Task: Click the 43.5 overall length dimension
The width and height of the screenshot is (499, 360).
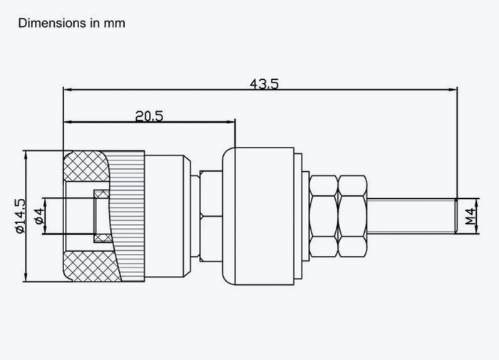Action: pyautogui.click(x=264, y=84)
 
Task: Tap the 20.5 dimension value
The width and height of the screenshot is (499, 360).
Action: pyautogui.click(x=149, y=116)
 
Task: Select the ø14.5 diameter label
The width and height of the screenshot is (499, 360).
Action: pyautogui.click(x=20, y=216)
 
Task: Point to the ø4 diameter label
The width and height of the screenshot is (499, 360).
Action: pyautogui.click(x=38, y=216)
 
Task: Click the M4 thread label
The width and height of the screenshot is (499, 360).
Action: pyautogui.click(x=470, y=217)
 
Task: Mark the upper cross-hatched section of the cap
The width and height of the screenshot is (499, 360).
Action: pyautogui.click(x=86, y=166)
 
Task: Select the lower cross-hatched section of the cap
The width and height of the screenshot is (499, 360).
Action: pyautogui.click(x=91, y=267)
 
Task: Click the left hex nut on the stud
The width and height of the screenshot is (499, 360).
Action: pyautogui.click(x=324, y=216)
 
